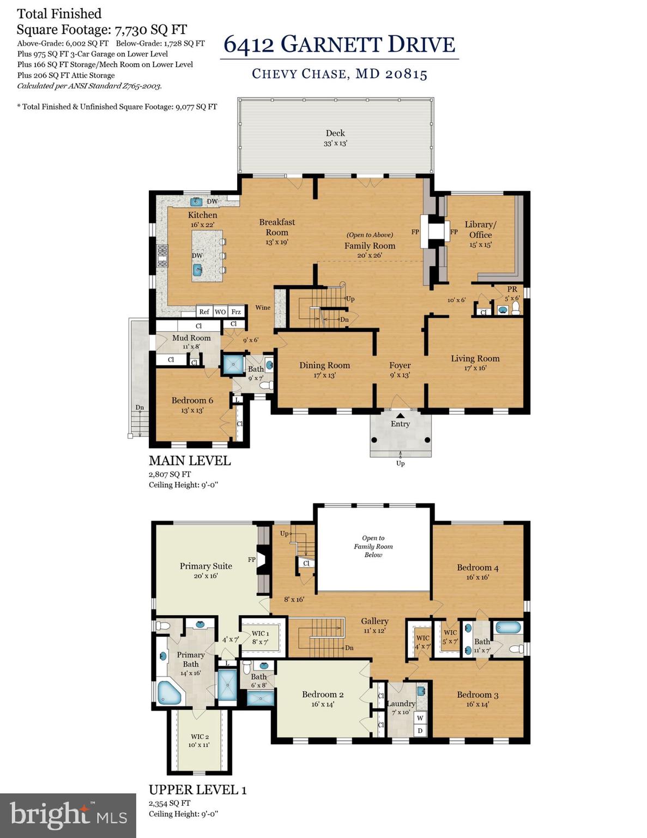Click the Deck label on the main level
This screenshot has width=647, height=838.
pyautogui.click(x=335, y=133)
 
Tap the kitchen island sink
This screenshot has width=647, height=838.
pyautogui.click(x=198, y=269)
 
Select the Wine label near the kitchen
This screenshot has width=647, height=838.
pyautogui.click(x=263, y=308)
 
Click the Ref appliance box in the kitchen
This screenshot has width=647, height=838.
pyautogui.click(x=204, y=312)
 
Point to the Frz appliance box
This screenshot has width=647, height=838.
pyautogui.click(x=235, y=312)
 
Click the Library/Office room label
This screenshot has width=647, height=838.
pyautogui.click(x=480, y=230)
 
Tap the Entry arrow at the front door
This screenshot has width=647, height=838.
pyautogui.click(x=400, y=416)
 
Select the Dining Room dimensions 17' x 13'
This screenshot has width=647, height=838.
pyautogui.click(x=324, y=375)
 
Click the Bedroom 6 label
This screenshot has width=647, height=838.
pyautogui.click(x=192, y=400)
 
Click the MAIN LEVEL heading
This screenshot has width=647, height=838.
pyautogui.click(x=190, y=460)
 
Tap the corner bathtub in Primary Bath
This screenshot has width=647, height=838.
pyautogui.click(x=169, y=692)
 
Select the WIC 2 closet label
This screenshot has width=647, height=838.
pyautogui.click(x=199, y=737)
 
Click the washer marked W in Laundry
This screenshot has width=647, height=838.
pyautogui.click(x=420, y=718)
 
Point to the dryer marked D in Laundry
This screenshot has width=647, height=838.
pyautogui.click(x=420, y=731)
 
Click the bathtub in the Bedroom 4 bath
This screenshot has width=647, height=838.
pyautogui.click(x=508, y=627)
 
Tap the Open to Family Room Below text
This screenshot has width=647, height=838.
pyautogui.click(x=373, y=546)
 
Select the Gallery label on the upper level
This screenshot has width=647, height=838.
pyautogui.click(x=374, y=621)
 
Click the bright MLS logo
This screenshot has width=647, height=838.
pyautogui.click(x=68, y=815)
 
